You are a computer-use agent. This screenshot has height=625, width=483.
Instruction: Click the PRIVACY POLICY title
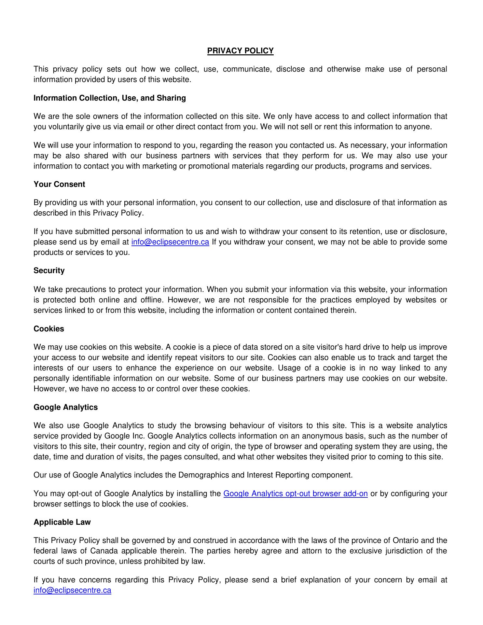tap(241, 51)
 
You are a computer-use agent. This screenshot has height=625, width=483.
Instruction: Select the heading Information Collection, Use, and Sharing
tap(110, 98)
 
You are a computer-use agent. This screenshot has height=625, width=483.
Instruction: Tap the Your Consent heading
tap(59, 184)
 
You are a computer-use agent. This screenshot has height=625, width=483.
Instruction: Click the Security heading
tap(49, 271)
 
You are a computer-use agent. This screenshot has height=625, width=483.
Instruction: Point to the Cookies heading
tap(49, 329)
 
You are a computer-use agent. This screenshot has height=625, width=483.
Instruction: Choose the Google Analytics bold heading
tap(65, 407)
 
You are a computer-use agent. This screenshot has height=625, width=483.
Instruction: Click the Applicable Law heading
tap(62, 522)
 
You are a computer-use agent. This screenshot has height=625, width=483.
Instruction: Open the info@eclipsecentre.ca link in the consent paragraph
tap(170, 242)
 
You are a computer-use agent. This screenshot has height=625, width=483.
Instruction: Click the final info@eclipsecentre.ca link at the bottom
tap(72, 590)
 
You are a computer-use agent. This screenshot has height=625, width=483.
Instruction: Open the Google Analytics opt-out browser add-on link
tap(296, 493)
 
